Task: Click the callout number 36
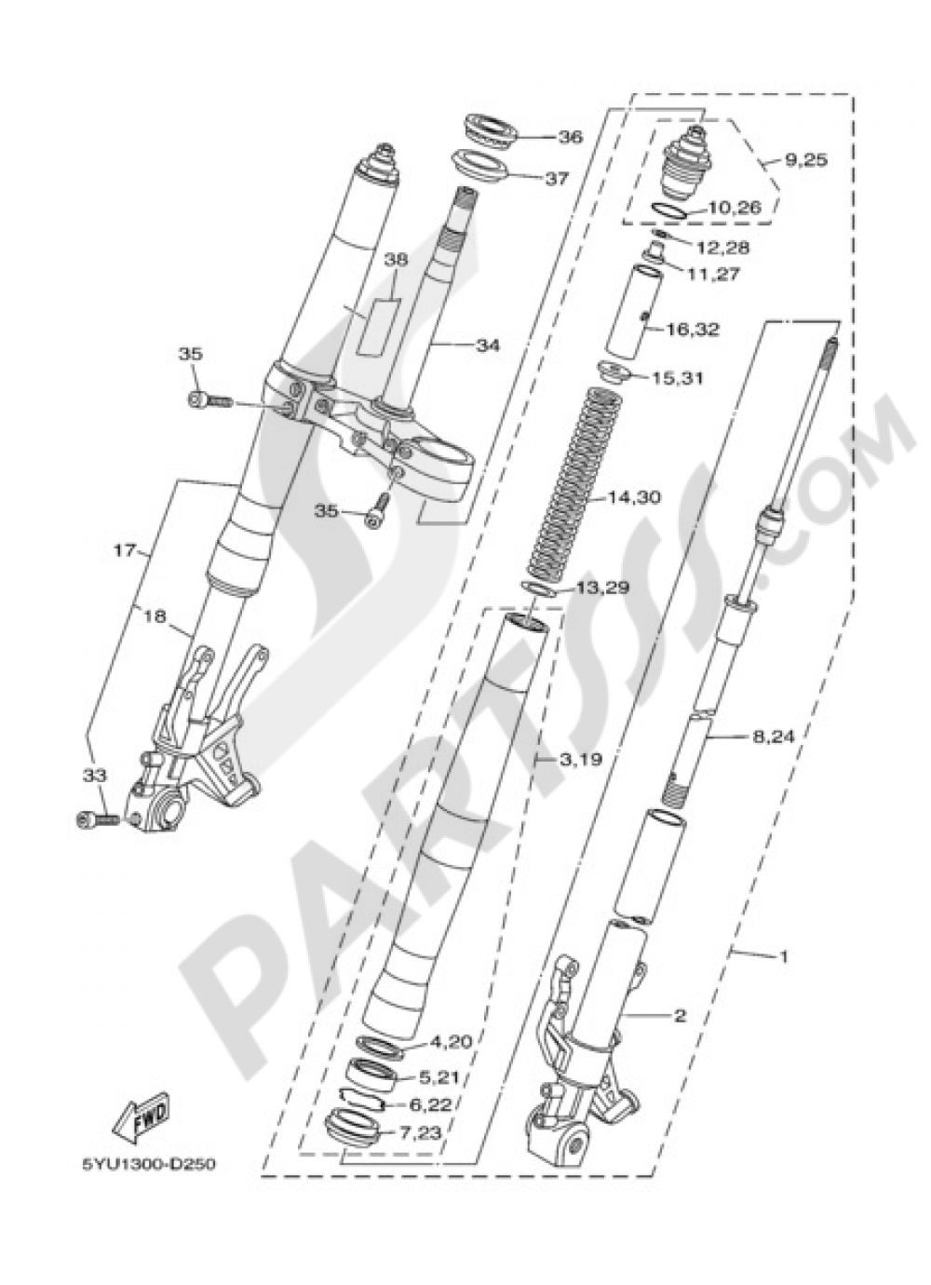pos(570,137)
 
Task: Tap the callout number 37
pos(556,179)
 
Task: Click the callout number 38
pos(397,263)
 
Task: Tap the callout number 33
pos(97,775)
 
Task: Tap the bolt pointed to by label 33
pos(95,819)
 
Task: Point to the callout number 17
pos(126,550)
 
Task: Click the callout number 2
pos(680,1016)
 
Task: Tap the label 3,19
pos(582,759)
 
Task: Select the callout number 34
pos(488,345)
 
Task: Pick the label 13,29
pos(604,588)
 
